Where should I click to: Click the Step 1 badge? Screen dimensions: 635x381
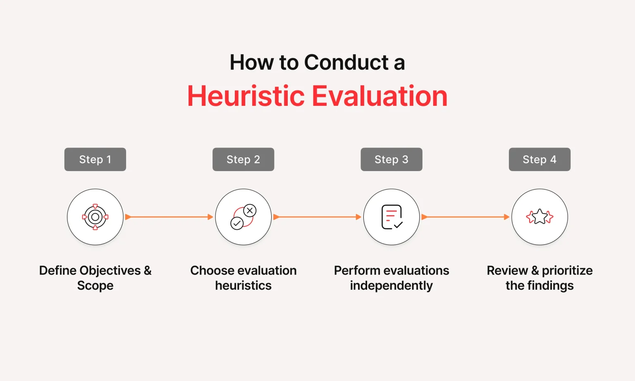[95, 159]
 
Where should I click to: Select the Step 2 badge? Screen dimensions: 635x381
[243, 159]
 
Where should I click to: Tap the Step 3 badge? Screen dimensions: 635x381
[392, 159]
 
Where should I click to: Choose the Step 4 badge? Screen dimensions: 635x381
[540, 159]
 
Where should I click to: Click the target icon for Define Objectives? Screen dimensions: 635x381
[95, 217]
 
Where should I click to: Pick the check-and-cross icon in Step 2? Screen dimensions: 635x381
[243, 217]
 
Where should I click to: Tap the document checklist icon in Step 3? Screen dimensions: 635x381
[392, 217]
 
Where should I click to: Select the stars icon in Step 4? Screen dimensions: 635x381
[540, 217]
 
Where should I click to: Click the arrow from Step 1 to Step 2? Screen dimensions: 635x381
[169, 217]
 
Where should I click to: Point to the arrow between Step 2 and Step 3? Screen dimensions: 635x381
[317, 217]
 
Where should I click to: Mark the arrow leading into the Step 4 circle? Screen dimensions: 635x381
[466, 217]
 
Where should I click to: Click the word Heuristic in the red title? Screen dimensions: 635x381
[246, 96]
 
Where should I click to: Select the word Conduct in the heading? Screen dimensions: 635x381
[346, 62]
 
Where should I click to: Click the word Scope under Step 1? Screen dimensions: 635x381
[95, 286]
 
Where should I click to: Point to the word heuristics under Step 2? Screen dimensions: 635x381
[243, 285]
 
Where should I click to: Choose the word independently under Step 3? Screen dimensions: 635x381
[392, 286]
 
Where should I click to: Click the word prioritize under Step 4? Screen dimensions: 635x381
[567, 271]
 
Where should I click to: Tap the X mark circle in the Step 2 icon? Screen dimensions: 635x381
[250, 210]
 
